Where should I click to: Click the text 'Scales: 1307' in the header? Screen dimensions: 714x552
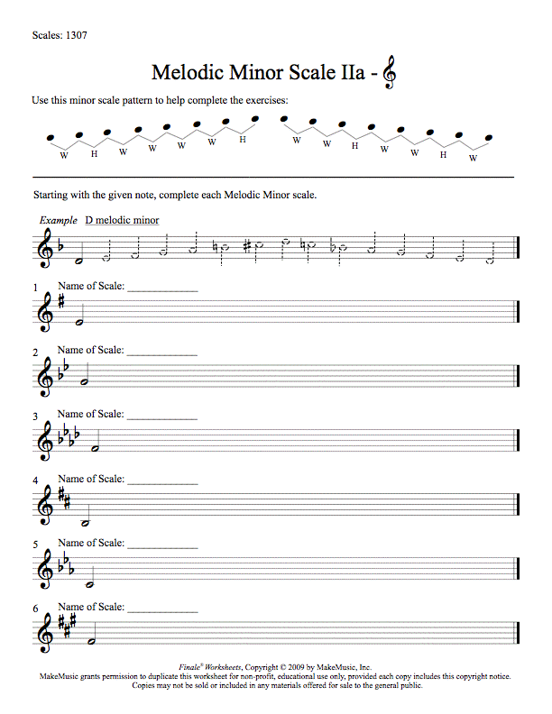(59, 36)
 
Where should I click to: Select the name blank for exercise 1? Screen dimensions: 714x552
(162, 290)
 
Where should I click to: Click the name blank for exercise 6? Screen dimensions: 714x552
(162, 610)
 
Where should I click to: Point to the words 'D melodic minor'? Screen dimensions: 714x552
(122, 220)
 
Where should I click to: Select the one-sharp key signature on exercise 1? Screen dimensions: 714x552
(61, 301)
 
